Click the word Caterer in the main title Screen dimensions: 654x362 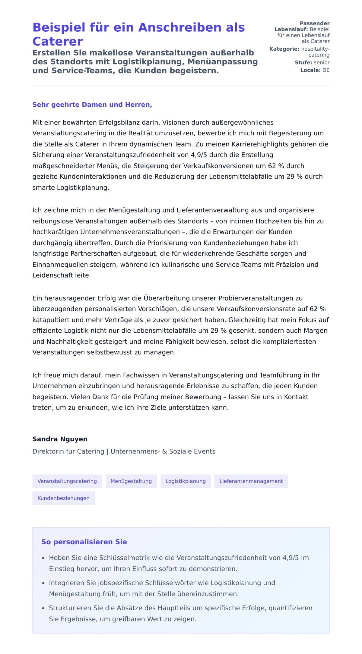(58, 42)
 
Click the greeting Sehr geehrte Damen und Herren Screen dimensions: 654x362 (92, 105)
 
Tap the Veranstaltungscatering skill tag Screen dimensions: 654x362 (67, 481)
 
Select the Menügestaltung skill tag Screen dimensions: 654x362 (131, 481)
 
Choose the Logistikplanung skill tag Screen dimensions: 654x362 (186, 481)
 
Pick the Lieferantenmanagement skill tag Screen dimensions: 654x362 (251, 481)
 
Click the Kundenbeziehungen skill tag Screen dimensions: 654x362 (63, 498)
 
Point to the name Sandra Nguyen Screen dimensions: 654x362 (60, 439)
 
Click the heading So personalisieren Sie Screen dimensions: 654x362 (84, 542)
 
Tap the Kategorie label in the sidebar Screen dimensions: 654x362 (284, 49)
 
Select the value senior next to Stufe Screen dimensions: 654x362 (322, 62)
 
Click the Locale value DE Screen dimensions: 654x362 (326, 70)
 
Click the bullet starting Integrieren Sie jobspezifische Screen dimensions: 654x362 (162, 583)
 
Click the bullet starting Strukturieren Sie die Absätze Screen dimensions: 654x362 (180, 608)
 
